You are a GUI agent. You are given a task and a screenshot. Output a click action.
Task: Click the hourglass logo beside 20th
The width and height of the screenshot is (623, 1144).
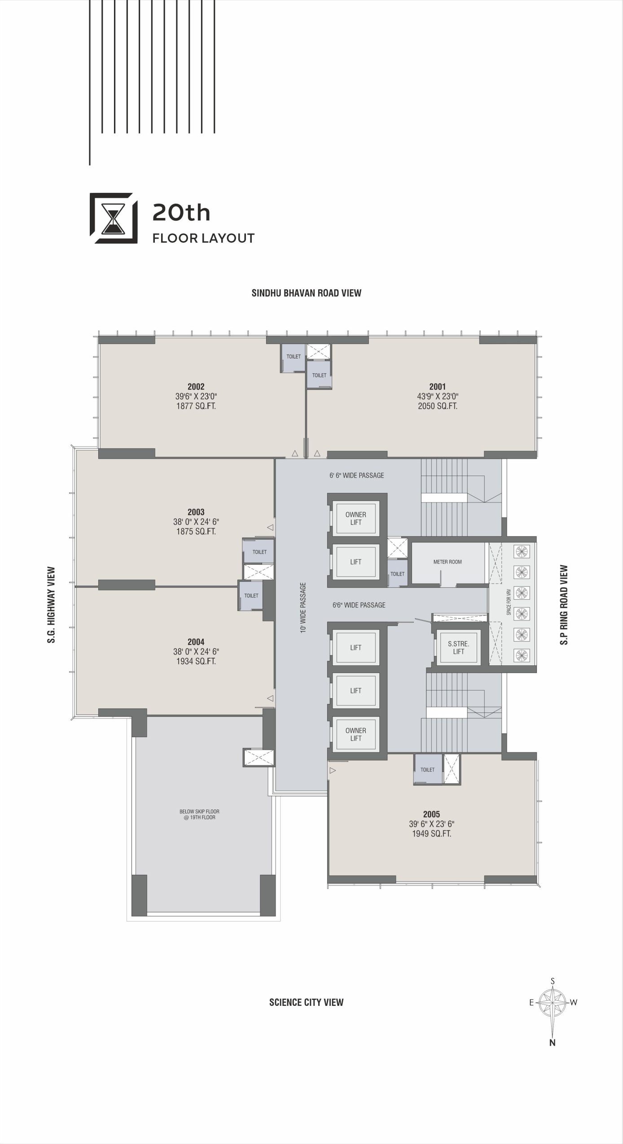pyautogui.click(x=114, y=218)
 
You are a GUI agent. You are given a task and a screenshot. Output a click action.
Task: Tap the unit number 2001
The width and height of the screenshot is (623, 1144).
pyautogui.click(x=437, y=387)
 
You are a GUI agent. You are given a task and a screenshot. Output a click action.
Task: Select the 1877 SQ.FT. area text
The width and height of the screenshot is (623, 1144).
pyautogui.click(x=196, y=406)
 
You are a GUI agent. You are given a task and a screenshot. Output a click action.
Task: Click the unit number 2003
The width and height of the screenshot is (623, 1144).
pyautogui.click(x=196, y=512)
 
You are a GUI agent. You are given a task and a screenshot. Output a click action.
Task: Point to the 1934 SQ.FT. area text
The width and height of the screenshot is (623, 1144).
pyautogui.click(x=196, y=661)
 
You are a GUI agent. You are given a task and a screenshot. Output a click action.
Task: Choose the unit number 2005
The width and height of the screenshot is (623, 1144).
pyautogui.click(x=431, y=814)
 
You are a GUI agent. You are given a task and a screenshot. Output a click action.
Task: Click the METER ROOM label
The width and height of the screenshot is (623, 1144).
pyautogui.click(x=448, y=562)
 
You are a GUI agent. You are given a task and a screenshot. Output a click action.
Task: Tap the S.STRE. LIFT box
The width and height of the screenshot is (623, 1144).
pyautogui.click(x=458, y=648)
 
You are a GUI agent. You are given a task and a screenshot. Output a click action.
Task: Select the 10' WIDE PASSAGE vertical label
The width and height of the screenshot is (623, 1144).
pyautogui.click(x=303, y=607)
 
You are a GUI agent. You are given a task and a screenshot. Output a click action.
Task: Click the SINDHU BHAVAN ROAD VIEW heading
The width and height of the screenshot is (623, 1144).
pyautogui.click(x=307, y=293)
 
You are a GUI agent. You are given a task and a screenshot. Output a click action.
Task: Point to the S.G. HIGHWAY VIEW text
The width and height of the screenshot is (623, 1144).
pyautogui.click(x=52, y=605)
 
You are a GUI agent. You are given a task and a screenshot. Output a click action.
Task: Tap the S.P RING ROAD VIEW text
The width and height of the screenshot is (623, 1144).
pyautogui.click(x=564, y=605)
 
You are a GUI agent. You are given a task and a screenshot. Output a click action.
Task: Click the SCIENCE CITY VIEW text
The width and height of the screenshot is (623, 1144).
pyautogui.click(x=306, y=1002)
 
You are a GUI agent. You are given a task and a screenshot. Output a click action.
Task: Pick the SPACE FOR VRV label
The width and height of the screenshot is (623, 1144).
pyautogui.click(x=509, y=605)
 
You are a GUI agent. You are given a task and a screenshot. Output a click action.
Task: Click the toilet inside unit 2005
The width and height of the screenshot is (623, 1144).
pyautogui.click(x=428, y=769)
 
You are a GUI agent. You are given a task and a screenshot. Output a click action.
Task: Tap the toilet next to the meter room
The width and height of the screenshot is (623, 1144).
pyautogui.click(x=398, y=574)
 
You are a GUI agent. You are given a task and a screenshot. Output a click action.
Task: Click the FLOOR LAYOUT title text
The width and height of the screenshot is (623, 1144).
pyautogui.click(x=203, y=238)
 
